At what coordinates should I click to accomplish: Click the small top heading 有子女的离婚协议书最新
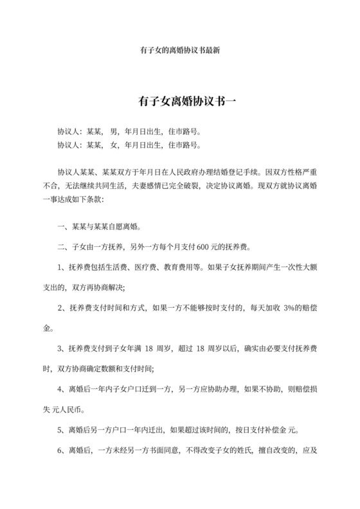(180, 50)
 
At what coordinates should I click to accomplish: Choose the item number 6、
(62, 451)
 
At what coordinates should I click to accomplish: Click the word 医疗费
(152, 267)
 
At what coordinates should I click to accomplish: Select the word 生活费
(120, 267)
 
